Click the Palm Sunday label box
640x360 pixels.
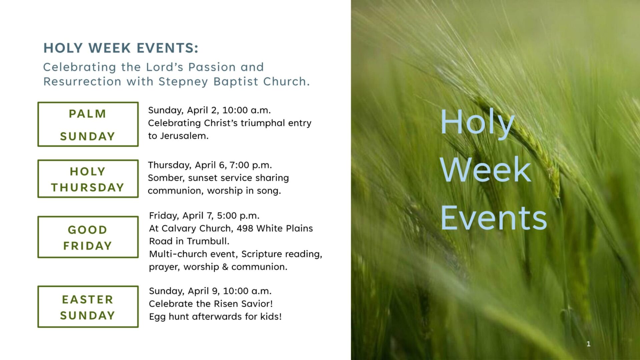pyautogui.click(x=88, y=102)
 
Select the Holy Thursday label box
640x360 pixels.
pyautogui.click(x=88, y=160)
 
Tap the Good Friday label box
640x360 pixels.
pyautogui.click(x=88, y=217)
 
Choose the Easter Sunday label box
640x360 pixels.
pyautogui.click(x=88, y=286)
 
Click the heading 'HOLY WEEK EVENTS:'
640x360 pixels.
pyautogui.click(x=121, y=48)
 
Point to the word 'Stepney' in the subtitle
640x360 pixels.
pyautogui.click(x=183, y=82)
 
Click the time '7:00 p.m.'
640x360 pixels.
pyautogui.click(x=251, y=165)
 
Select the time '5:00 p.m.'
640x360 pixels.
pyautogui.click(x=238, y=216)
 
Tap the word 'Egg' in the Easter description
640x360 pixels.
pyautogui.click(x=157, y=317)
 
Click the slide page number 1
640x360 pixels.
pyautogui.click(x=588, y=344)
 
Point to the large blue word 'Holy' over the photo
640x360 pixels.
pyautogui.click(x=477, y=123)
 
